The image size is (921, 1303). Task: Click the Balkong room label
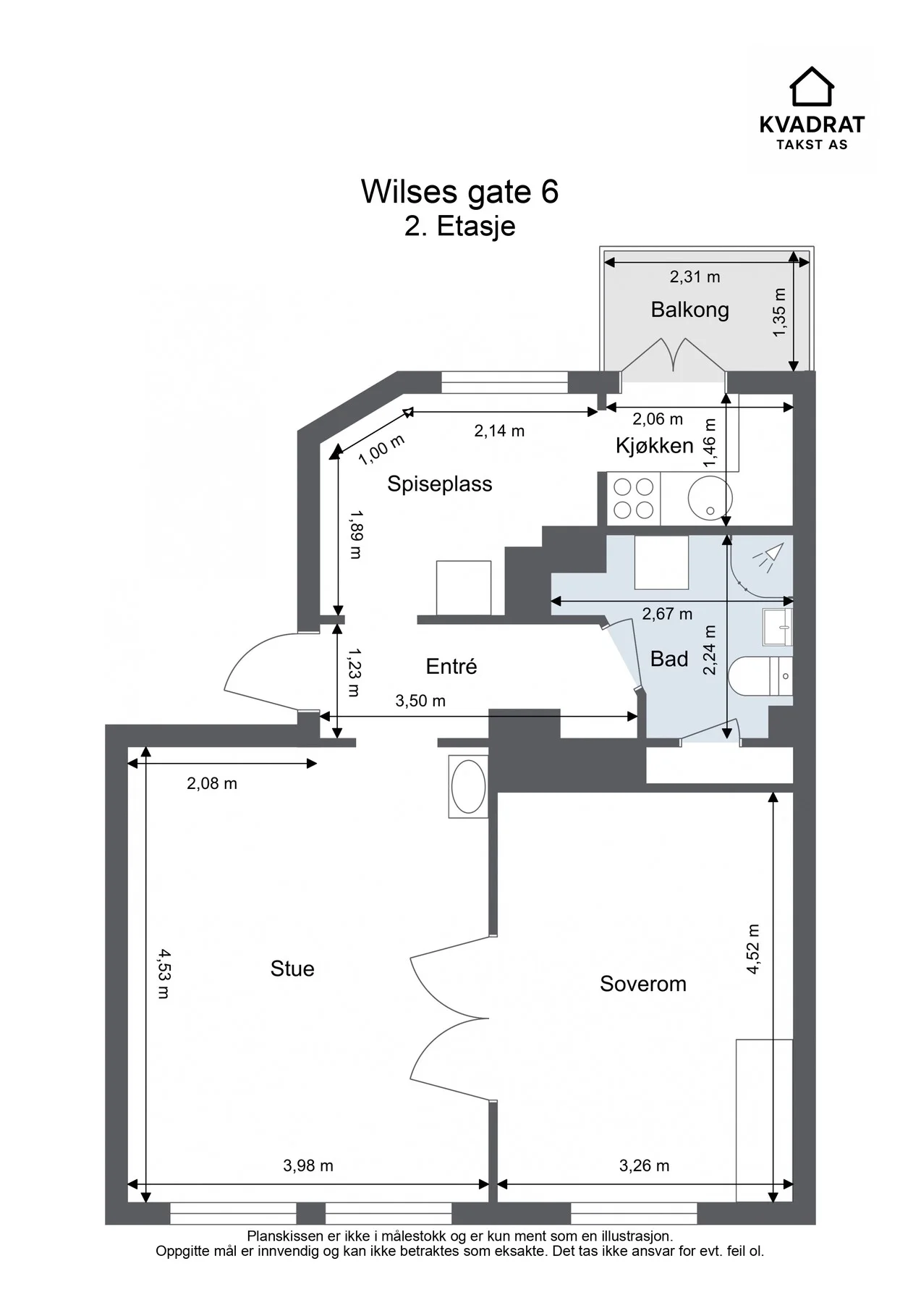point(689,310)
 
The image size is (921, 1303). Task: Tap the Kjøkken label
point(654,446)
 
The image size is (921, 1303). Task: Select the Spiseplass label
point(439,484)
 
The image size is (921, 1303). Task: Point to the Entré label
point(451,666)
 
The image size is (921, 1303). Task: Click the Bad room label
point(669,659)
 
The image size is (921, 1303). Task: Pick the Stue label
point(292,969)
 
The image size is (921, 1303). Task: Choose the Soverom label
point(643,984)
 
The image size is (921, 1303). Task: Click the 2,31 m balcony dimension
point(695,277)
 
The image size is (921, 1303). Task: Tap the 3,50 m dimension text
point(420,701)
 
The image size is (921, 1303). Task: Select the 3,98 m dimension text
point(308,1165)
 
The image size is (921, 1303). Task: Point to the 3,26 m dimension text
point(644,1165)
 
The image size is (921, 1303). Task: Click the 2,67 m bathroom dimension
point(667,614)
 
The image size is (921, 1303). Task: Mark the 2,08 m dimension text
point(212,783)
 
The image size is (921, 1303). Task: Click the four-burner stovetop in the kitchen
point(633,499)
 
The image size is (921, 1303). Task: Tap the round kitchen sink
point(710,498)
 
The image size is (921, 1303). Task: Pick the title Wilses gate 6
point(460,191)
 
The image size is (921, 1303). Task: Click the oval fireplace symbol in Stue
point(468,787)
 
